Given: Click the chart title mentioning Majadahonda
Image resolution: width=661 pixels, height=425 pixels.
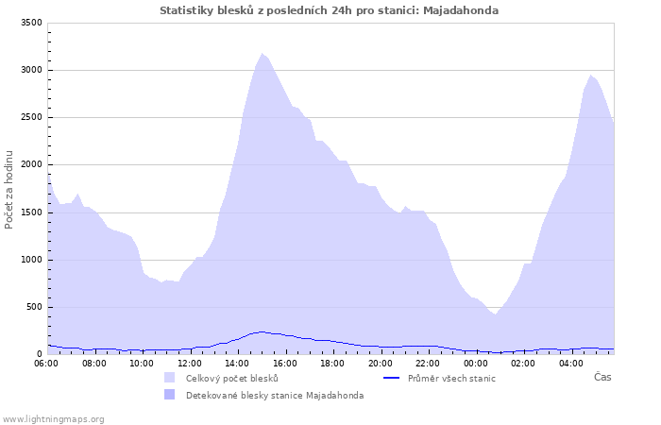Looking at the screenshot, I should [330, 10].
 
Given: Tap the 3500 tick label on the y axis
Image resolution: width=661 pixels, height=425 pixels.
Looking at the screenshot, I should [30, 23].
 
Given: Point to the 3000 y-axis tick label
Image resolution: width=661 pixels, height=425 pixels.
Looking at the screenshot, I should [30, 70].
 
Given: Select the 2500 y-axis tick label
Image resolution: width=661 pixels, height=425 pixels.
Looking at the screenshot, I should [30, 117].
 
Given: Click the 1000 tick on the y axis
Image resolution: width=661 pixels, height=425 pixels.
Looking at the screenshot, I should [30, 260].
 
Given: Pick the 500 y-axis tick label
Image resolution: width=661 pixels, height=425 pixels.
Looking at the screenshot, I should [33, 307].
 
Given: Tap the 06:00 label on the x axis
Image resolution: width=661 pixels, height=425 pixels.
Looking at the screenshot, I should [46, 364].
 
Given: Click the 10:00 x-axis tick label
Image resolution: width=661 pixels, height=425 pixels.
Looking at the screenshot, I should [142, 364].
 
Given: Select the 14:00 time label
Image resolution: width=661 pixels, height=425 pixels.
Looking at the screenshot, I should [237, 364].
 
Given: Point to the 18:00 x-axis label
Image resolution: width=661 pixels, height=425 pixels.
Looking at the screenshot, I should [332, 364].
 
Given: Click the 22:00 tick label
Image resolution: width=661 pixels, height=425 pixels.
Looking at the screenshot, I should [428, 364].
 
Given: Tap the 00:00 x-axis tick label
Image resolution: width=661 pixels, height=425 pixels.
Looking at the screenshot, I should [475, 364].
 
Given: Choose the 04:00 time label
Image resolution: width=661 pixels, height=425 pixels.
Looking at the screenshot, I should [570, 364].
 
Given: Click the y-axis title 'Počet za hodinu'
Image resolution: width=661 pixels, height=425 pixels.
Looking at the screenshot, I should [9, 189].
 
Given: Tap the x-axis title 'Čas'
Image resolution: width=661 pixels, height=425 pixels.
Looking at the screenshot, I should [602, 377].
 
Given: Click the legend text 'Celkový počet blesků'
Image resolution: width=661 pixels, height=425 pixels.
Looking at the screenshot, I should [231, 379].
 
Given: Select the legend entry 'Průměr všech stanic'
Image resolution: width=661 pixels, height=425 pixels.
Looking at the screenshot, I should [450, 379].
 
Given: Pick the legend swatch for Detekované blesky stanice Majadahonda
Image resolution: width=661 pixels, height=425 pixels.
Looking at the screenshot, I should [170, 395].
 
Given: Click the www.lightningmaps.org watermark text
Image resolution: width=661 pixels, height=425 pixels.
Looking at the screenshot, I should [53, 418].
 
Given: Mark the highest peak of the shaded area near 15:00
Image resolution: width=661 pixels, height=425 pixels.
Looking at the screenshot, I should [262, 54].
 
